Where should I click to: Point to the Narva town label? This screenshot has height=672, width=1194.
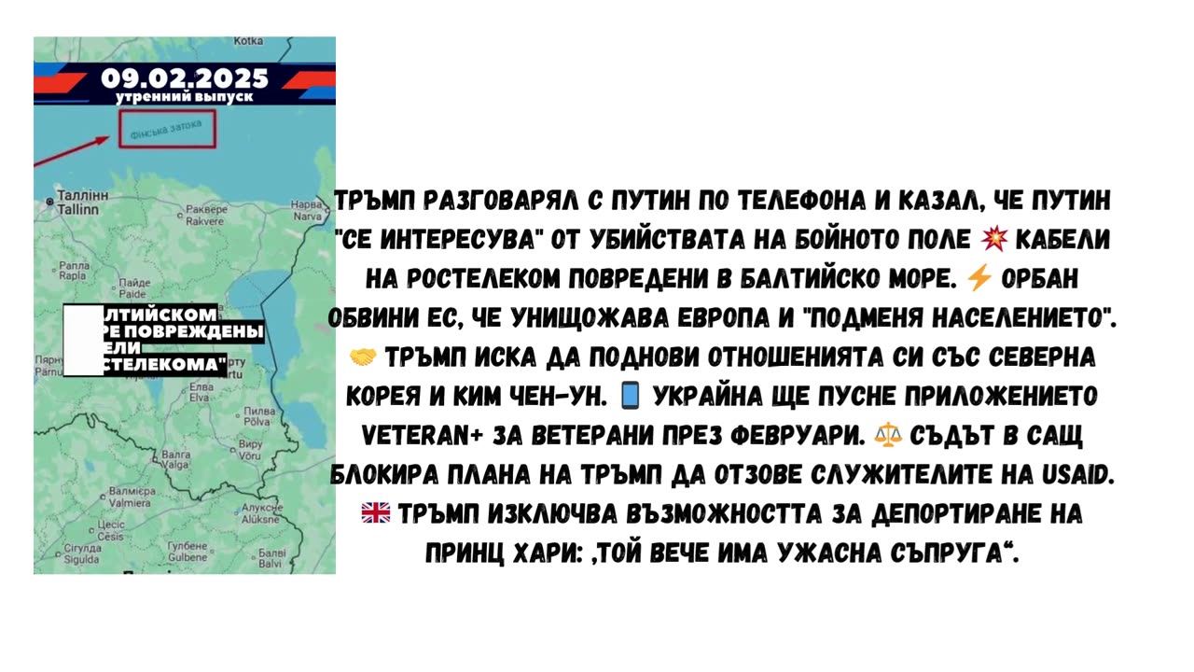pyautogui.click(x=307, y=208)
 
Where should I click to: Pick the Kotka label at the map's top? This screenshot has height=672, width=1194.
pyautogui.click(x=248, y=41)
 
